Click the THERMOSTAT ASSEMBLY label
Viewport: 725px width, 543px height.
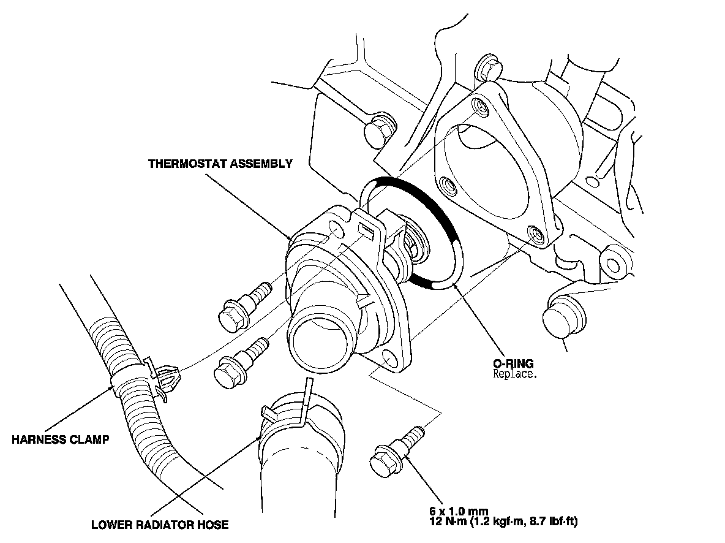point(220,164)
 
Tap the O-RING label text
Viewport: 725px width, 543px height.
point(513,363)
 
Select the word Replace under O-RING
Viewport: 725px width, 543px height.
point(515,374)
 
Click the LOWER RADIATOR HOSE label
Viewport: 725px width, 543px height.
point(160,525)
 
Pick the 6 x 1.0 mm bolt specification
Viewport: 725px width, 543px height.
point(460,512)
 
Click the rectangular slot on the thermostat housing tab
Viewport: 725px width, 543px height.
point(367,229)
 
